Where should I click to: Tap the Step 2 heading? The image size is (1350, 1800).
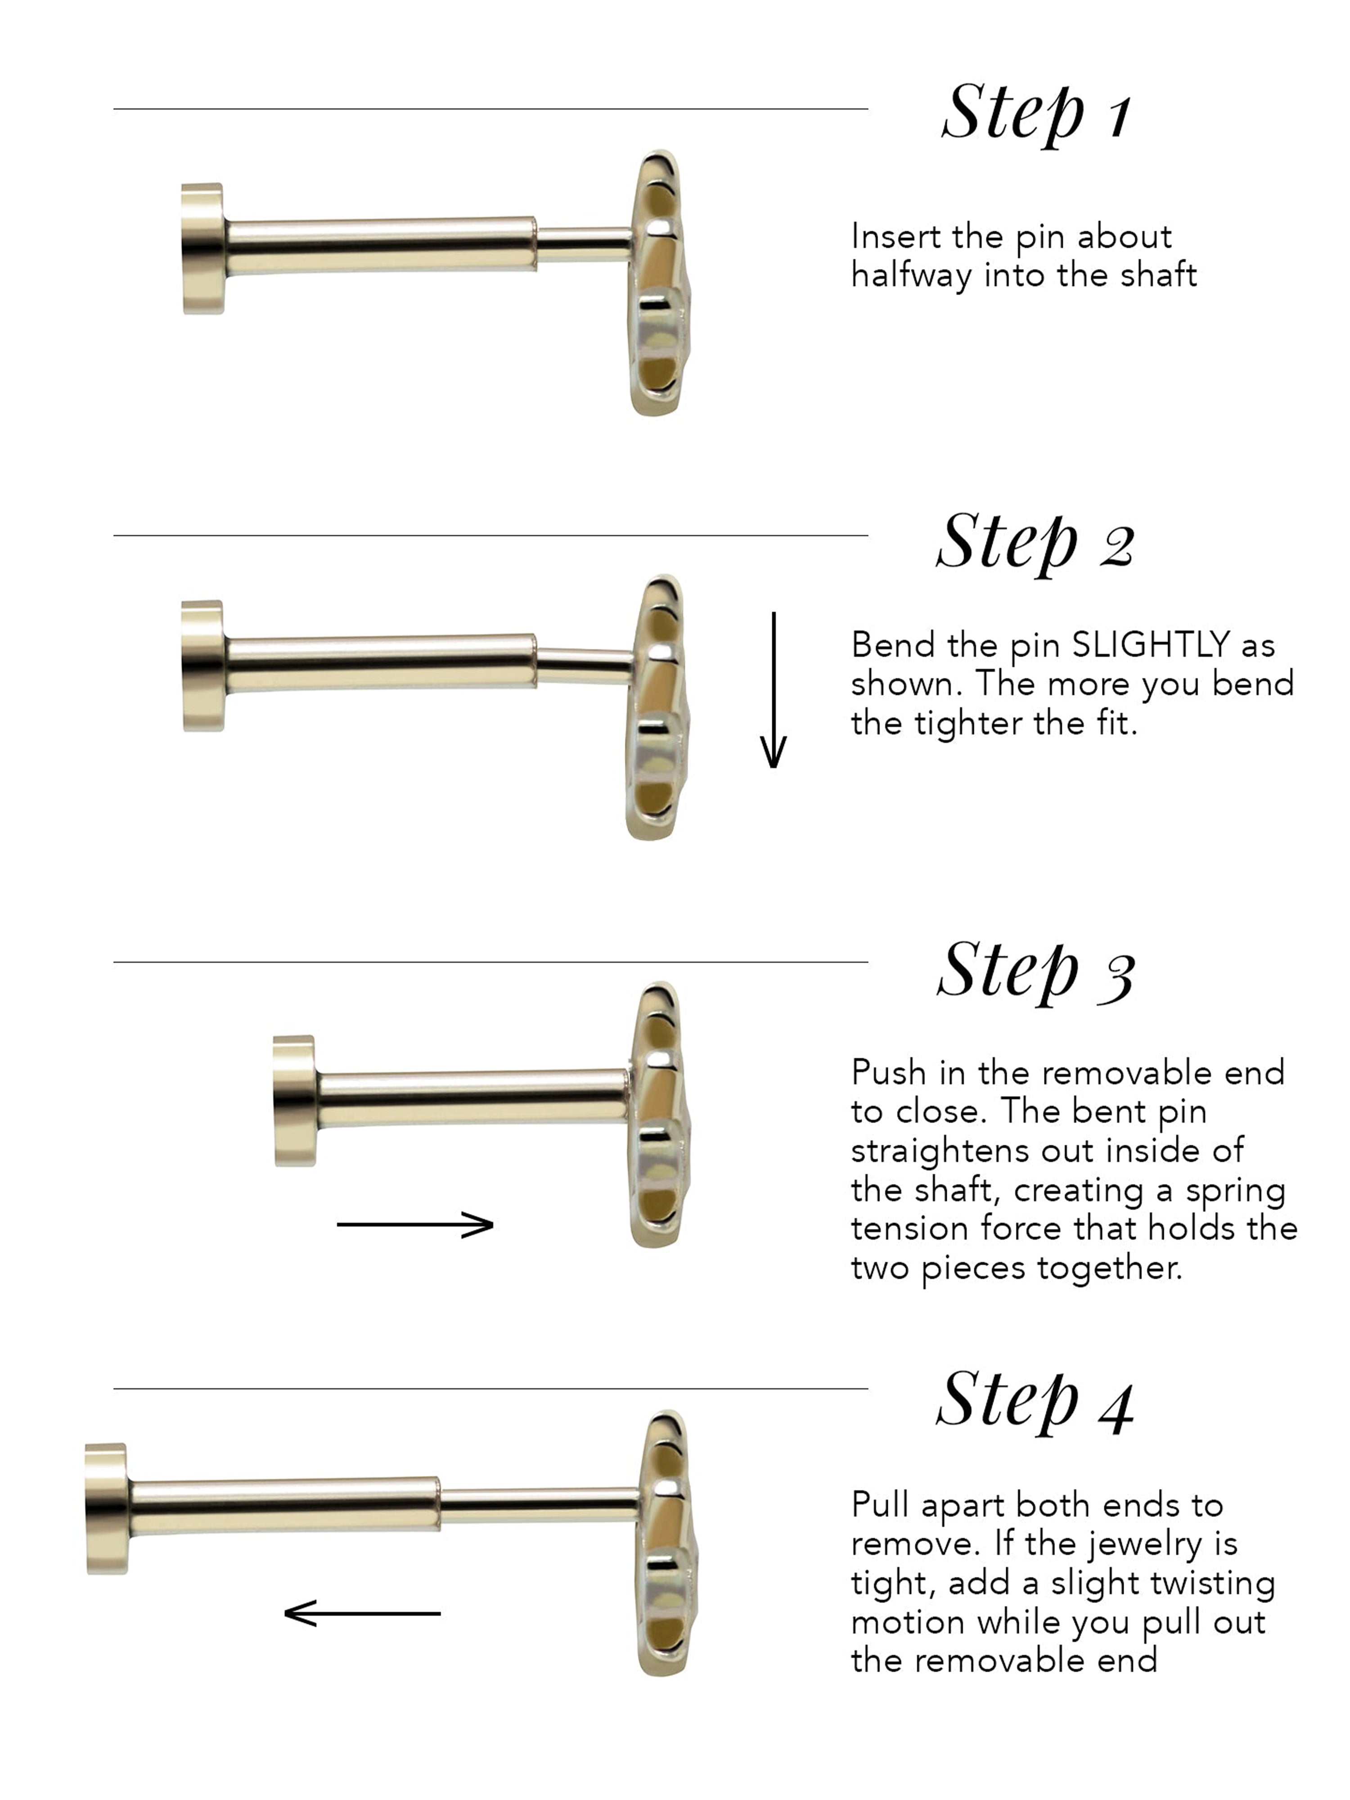1035,543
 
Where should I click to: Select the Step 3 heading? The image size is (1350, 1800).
1035,970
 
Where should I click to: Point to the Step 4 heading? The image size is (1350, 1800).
1035,1399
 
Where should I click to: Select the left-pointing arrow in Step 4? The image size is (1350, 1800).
362,1612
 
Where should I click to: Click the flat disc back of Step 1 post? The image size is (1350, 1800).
202,248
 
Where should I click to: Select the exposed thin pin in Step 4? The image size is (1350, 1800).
537,1505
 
